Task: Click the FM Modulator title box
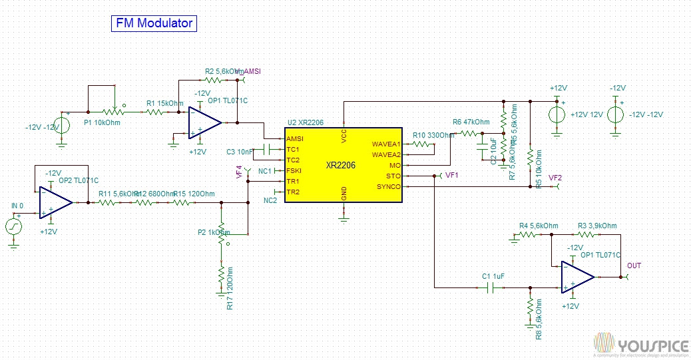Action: pos(154,23)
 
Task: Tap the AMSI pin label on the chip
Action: pos(294,138)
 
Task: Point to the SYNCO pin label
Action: pos(389,187)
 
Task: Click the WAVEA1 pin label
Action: pos(386,144)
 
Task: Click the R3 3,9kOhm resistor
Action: pos(586,235)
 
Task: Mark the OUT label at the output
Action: pos(634,266)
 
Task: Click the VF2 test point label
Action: pos(555,178)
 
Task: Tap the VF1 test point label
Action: pos(452,176)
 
